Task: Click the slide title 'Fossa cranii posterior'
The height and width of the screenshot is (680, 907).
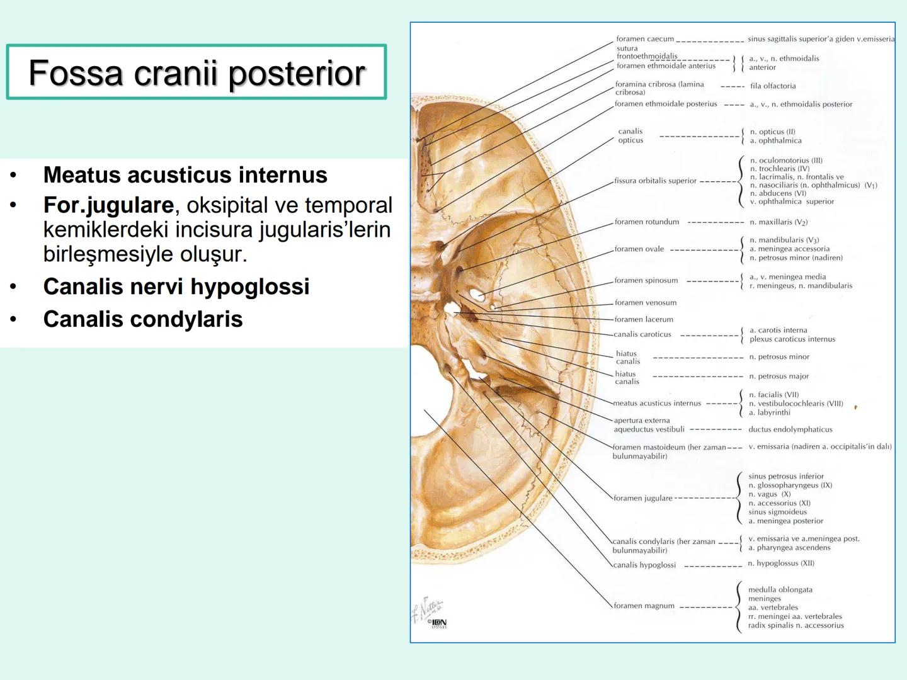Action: (x=197, y=73)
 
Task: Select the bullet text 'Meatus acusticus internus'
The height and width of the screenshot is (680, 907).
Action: (x=185, y=175)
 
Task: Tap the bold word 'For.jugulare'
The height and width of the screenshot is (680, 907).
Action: (x=108, y=205)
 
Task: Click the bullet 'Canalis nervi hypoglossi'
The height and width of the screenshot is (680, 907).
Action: (x=176, y=287)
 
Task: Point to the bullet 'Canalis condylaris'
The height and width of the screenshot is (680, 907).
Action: (x=143, y=319)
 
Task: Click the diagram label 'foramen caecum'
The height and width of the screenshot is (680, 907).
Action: (x=644, y=39)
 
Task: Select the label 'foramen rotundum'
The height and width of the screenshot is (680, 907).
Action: (x=647, y=222)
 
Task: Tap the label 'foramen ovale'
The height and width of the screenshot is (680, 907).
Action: (x=639, y=249)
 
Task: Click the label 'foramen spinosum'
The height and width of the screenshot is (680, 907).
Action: (x=646, y=280)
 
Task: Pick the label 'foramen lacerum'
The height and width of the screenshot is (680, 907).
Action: (x=644, y=319)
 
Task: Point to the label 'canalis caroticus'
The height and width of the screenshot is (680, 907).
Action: (x=642, y=334)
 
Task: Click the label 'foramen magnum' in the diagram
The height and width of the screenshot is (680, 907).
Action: (x=644, y=606)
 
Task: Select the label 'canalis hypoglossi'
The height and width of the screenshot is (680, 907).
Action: (x=644, y=565)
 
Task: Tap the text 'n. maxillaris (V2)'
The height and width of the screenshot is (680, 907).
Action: (x=779, y=222)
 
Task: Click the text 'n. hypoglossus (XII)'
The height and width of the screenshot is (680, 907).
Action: (x=781, y=564)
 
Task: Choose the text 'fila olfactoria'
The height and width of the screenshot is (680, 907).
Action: (x=773, y=86)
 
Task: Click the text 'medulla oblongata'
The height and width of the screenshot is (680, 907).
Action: (x=780, y=590)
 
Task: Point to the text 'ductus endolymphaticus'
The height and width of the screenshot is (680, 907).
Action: (x=790, y=429)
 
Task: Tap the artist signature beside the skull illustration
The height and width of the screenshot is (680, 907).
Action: (x=427, y=608)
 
